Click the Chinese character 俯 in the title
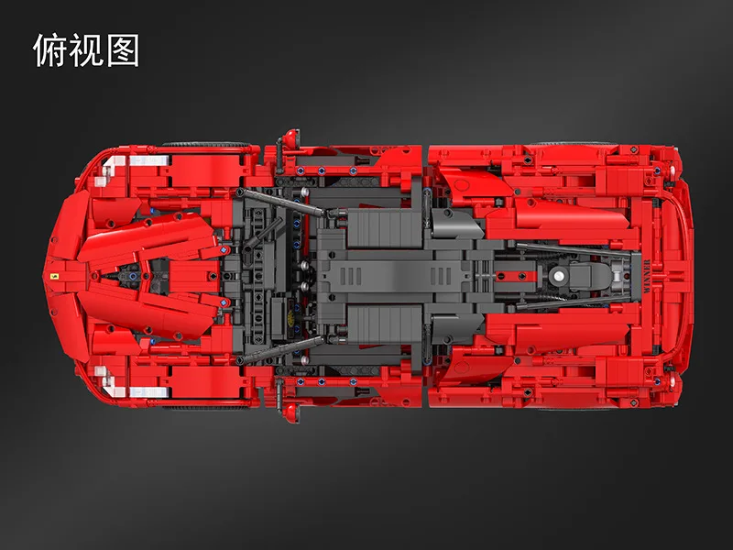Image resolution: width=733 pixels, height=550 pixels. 50,50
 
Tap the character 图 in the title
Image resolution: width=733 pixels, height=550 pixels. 122,50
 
